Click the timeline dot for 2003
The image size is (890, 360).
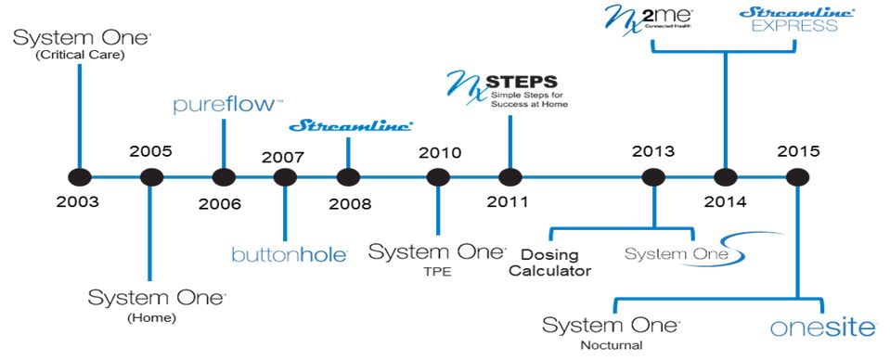80,176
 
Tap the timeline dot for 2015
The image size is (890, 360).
794,176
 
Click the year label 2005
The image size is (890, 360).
151,150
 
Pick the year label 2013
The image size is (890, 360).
652,150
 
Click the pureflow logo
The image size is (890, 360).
215,105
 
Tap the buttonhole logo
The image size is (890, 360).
289,252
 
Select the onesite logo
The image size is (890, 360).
823,328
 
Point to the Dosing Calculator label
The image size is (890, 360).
556,262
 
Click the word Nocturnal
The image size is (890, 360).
613,346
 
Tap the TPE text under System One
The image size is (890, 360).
435,272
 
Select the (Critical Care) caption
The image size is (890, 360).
80,56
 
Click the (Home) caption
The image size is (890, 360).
153,318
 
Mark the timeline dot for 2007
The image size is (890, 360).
286,176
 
